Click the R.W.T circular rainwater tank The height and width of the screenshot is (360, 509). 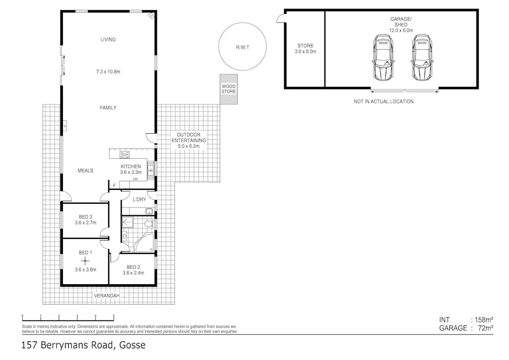pos(242,47)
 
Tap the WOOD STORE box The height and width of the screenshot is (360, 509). pos(229,89)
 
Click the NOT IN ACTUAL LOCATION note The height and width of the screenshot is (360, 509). pos(383,101)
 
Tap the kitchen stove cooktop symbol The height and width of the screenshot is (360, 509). pos(125,155)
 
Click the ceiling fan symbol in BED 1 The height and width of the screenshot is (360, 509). pos(85,260)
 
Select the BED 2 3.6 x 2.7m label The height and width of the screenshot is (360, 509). pos(85,219)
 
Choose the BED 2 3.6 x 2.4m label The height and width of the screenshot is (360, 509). pos(133,270)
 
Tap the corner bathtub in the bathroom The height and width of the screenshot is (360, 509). pos(144,244)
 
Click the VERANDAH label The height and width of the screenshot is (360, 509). pos(107,295)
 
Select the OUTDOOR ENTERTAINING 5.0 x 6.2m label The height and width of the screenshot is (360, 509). pos(188,140)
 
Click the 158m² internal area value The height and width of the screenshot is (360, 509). pos(482,319)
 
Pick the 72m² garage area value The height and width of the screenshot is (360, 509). pos(483,328)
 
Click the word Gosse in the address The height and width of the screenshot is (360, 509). pos(131,346)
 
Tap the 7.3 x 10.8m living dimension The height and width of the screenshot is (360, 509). pos(108,71)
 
